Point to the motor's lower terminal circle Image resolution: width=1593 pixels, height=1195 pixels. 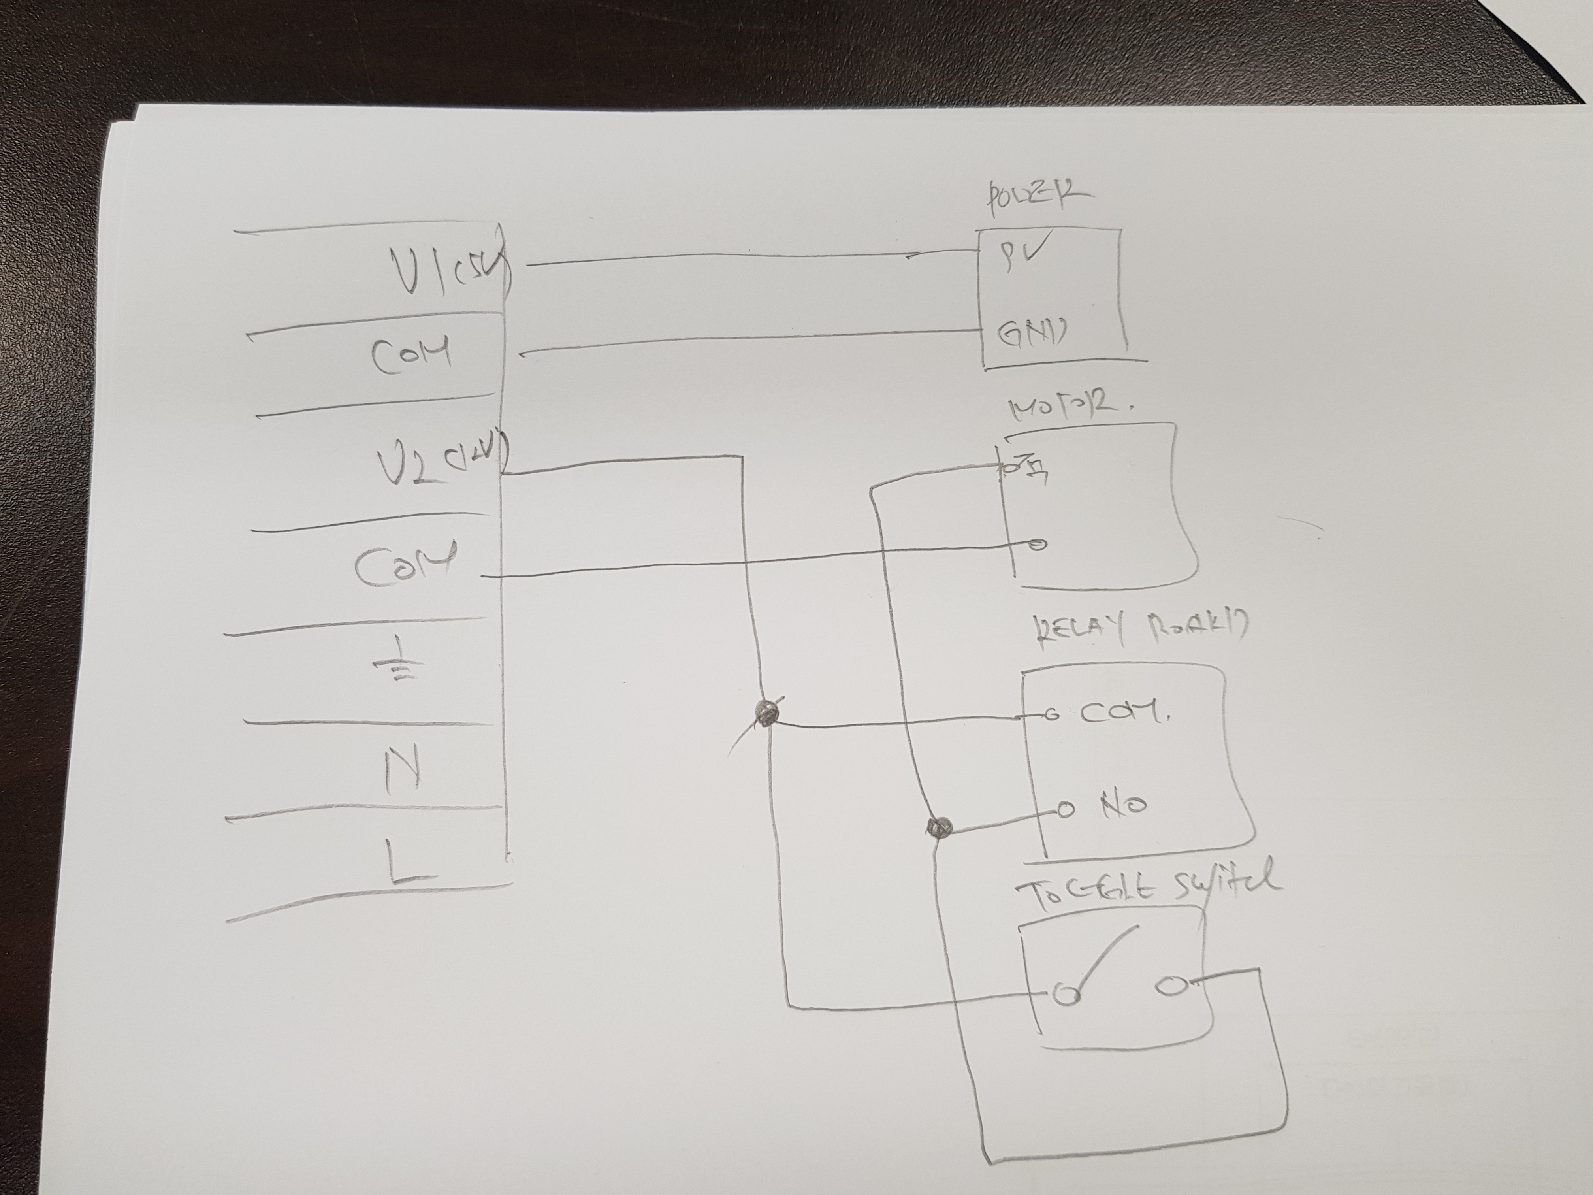coord(1037,545)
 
